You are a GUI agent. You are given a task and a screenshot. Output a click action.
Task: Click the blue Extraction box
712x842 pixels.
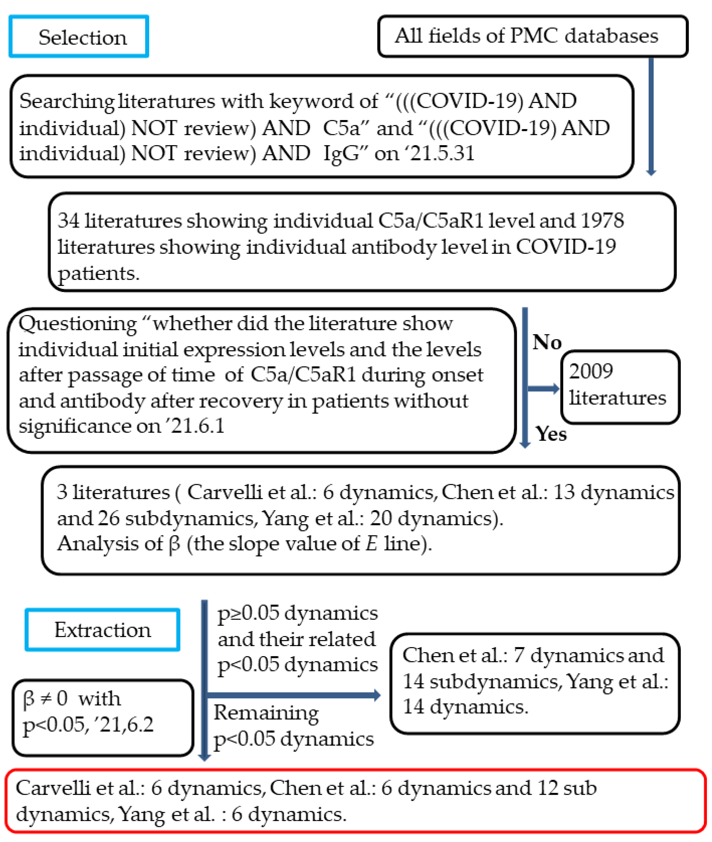point(102,630)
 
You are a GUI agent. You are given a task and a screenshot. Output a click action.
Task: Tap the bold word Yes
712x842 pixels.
point(551,434)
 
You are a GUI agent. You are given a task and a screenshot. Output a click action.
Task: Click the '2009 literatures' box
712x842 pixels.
point(620,387)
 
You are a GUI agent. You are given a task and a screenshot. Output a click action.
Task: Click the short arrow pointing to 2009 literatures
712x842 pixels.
point(543,388)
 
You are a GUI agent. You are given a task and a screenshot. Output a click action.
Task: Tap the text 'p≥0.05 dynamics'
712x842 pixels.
point(298,613)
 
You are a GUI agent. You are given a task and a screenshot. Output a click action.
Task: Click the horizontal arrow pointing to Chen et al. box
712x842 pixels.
point(293,695)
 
